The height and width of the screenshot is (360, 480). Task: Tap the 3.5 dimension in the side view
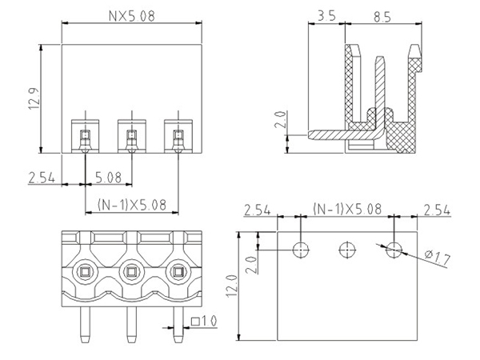(325, 15)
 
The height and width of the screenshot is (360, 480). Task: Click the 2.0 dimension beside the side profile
(281, 120)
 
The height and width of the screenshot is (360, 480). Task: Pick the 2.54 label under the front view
(40, 177)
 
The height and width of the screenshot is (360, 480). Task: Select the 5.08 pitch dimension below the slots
(108, 177)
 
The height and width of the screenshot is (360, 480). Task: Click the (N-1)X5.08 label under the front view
(130, 204)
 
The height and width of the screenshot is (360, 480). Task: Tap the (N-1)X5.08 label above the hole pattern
(346, 210)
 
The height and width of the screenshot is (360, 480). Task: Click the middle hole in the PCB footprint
(346, 250)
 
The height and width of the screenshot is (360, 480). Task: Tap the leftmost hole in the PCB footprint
(300, 250)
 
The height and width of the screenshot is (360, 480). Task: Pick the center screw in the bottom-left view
(130, 274)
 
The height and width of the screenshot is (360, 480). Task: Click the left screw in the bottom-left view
(84, 274)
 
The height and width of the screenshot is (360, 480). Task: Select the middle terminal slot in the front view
(130, 134)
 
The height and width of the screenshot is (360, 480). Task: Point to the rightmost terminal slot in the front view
(175, 134)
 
